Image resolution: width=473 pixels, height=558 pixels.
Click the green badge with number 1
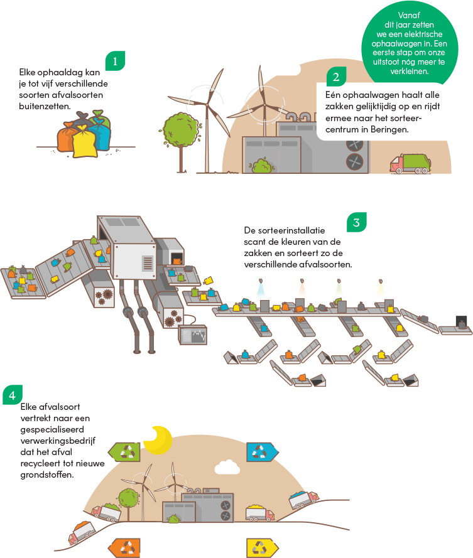116,61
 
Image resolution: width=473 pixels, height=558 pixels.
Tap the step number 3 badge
356,223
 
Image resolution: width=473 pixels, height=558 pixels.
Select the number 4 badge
11,395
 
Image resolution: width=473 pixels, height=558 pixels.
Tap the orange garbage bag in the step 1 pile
67,137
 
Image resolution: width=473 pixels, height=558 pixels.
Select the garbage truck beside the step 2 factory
410,163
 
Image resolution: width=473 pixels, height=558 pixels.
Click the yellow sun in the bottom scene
158,439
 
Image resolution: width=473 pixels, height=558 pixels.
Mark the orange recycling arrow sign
128,547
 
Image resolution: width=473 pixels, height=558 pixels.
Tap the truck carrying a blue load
304,500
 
